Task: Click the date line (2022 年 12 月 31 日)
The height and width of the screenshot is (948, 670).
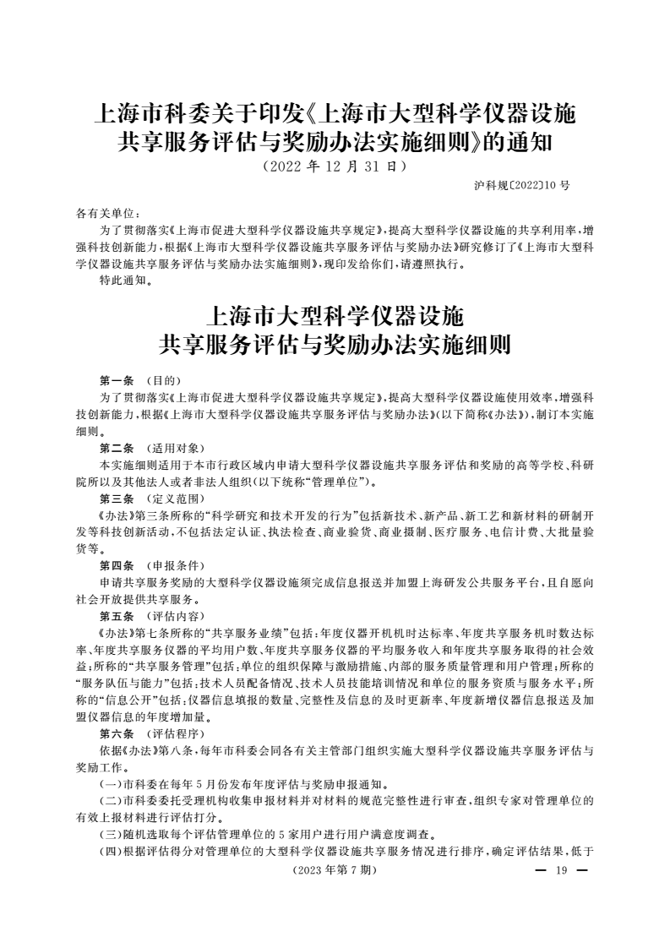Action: (335, 166)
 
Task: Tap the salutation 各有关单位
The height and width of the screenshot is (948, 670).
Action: (107, 214)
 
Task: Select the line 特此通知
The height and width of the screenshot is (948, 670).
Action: (126, 281)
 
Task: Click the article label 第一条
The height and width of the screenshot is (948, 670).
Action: (117, 380)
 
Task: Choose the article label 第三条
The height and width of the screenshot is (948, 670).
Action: (117, 498)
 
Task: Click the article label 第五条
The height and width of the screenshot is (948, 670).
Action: (117, 615)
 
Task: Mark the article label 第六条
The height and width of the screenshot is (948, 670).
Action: (117, 732)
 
